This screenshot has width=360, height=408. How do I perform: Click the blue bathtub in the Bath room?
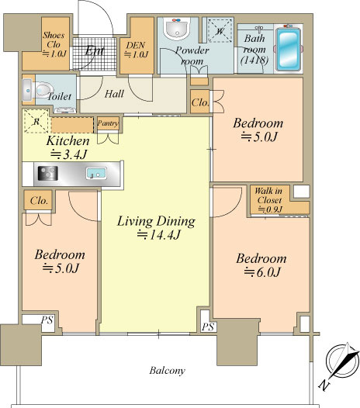tap(288, 49)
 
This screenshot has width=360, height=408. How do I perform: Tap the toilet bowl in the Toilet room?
tap(43, 90)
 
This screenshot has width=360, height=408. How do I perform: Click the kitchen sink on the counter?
tap(96, 174)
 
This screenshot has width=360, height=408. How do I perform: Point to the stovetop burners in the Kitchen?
tap(48, 173)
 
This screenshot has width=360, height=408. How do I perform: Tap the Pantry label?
tap(109, 123)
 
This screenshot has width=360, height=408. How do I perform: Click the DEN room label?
tap(136, 50)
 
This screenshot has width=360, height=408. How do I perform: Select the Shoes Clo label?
tap(54, 44)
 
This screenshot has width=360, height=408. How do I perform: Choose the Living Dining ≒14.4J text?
tap(156, 227)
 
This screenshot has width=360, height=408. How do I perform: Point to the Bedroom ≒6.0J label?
tap(261, 265)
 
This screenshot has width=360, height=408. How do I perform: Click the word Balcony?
tap(167, 371)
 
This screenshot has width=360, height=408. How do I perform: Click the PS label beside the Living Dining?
tap(208, 327)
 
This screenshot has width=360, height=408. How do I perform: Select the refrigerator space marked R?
tap(36, 121)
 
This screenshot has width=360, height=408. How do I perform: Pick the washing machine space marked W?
tap(220, 31)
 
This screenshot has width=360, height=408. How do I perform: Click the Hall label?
tap(114, 94)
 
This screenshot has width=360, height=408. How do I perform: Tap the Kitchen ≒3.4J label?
tap(68, 147)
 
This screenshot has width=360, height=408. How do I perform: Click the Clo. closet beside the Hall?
tap(200, 102)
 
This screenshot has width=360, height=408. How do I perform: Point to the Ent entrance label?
tap(95, 50)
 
